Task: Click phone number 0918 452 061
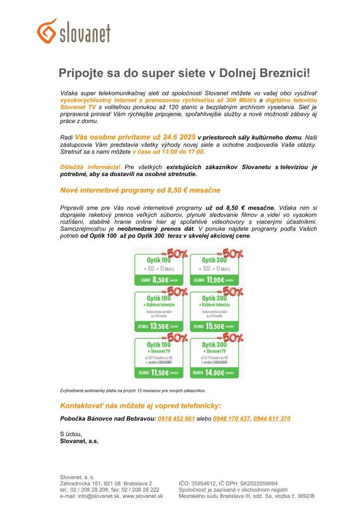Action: pos(176,419)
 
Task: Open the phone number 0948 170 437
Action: pos(231,419)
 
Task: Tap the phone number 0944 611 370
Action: pos(271,419)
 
